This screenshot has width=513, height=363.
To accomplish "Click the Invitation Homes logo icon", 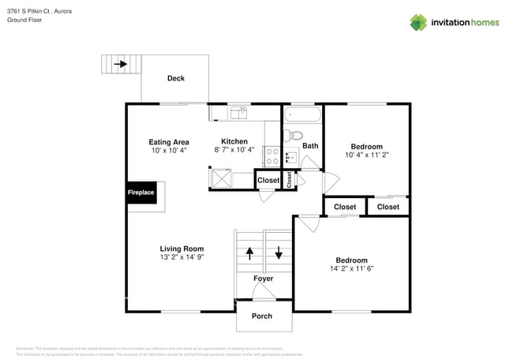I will pos(419,22).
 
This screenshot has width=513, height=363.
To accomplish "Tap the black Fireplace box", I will pos(141,193).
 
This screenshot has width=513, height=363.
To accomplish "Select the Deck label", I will pos(176,78).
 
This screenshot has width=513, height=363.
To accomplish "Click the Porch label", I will pos(261,316).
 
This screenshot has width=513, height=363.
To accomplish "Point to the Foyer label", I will pos(263,279).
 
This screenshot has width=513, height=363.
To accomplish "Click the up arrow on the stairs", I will pos(250,254).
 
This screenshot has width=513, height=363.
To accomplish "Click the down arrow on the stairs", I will pos(278,254).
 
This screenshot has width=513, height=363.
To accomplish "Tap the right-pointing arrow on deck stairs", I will pos(121,64).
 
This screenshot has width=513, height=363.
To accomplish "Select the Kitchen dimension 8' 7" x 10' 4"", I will pos(234,150).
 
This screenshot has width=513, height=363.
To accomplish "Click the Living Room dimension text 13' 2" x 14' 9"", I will pos(182,256).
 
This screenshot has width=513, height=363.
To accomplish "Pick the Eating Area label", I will pos(168,142).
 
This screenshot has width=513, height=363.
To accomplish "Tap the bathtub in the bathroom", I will pos(303,115).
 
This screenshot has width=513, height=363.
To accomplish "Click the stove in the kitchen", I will pos(271,155).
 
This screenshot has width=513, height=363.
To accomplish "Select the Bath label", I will pos(310,145).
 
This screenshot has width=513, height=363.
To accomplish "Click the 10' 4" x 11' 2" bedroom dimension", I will pos(367,155).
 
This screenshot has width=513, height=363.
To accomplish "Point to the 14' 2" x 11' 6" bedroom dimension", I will pos(351,268).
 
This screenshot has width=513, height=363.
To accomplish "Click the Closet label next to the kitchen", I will pos(268,181).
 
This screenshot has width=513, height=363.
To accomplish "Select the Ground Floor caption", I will pos(25,20).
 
